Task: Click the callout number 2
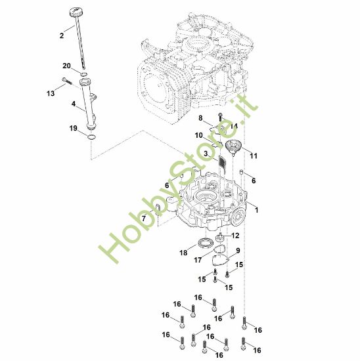click(62, 35)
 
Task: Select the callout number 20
click(66, 66)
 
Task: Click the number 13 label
click(51, 93)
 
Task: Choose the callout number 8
click(200, 117)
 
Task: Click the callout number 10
click(198, 135)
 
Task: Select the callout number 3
click(206, 153)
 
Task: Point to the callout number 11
click(254, 156)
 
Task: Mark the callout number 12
click(235, 236)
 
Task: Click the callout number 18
click(184, 252)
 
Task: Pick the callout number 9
click(238, 251)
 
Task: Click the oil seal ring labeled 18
click(206, 245)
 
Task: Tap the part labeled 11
click(234, 147)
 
